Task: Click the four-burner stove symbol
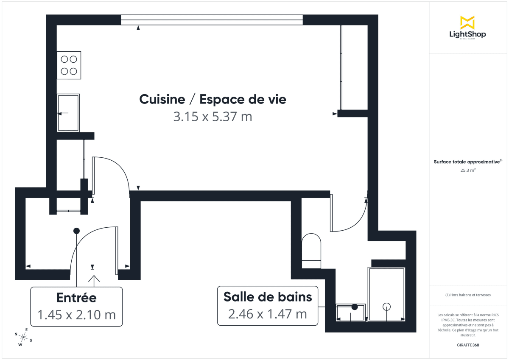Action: point(69,65)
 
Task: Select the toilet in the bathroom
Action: point(311,251)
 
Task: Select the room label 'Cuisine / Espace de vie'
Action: point(213,100)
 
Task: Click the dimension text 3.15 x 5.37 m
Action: point(213,117)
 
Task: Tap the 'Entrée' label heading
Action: point(76,298)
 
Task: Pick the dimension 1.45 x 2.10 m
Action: point(76,315)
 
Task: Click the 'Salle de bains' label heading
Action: point(268,297)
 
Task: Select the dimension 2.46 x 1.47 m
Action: point(268,314)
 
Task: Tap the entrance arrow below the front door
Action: point(93,279)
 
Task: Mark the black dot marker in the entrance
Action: point(76,231)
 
